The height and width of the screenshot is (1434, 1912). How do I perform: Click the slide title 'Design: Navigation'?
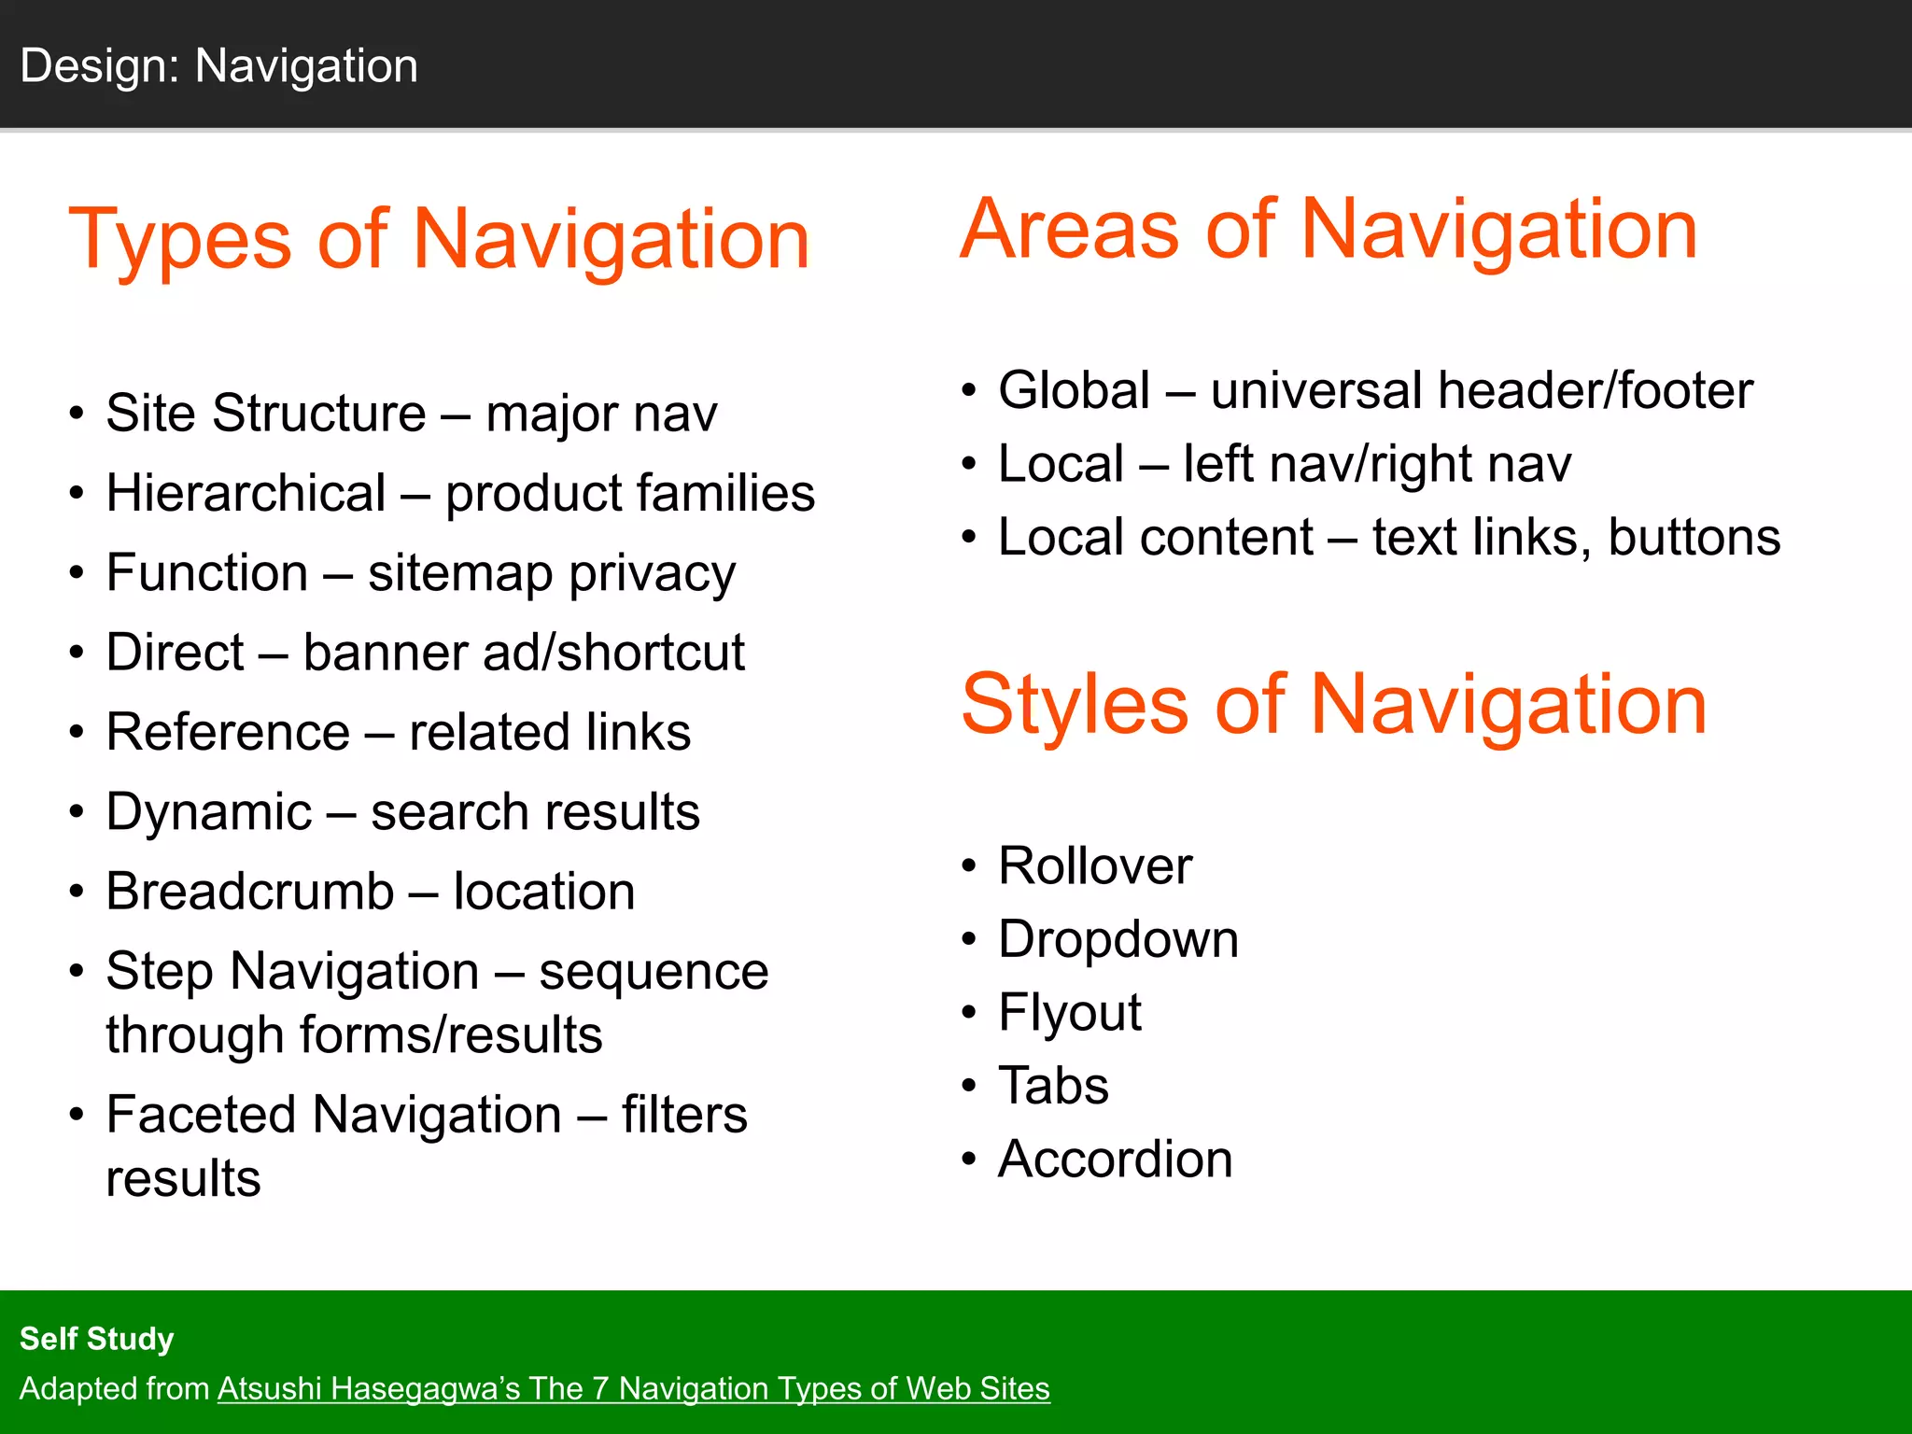coord(218,66)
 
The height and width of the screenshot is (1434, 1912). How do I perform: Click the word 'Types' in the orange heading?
coord(179,241)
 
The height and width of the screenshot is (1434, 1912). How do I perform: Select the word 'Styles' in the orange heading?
coord(1075,706)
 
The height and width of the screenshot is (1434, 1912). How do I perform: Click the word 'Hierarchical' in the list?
coord(246,493)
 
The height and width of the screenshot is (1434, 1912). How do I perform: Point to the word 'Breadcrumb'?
coord(249,892)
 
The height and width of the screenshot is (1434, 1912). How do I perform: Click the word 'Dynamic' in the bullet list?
coord(208,812)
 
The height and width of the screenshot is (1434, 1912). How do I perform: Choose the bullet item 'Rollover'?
coord(1094,866)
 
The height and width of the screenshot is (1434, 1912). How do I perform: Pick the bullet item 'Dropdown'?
coord(1118,939)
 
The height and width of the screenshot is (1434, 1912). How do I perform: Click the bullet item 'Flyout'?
coord(1069,1013)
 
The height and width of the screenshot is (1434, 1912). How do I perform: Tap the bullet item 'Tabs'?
coord(1053,1086)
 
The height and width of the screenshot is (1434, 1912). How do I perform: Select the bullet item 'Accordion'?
coord(1115,1160)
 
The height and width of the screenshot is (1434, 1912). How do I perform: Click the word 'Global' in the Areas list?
coord(1074,390)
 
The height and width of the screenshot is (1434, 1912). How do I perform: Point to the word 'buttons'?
coord(1694,538)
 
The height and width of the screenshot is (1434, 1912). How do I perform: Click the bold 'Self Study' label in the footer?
coord(96,1339)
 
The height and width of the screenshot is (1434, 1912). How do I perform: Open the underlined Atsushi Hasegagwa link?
coord(633,1389)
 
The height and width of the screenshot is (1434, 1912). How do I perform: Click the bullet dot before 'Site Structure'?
coord(77,414)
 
